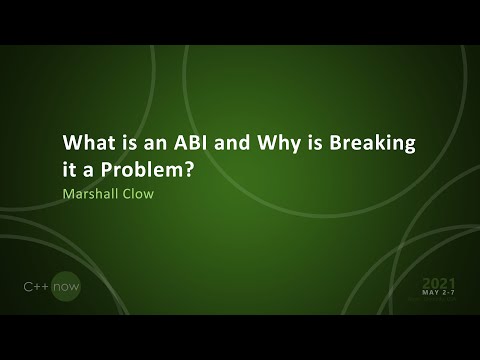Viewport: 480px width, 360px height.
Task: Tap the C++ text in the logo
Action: pos(38,287)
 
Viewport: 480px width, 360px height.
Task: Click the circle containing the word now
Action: pos(66,287)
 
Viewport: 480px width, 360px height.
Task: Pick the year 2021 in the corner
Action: pos(441,284)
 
